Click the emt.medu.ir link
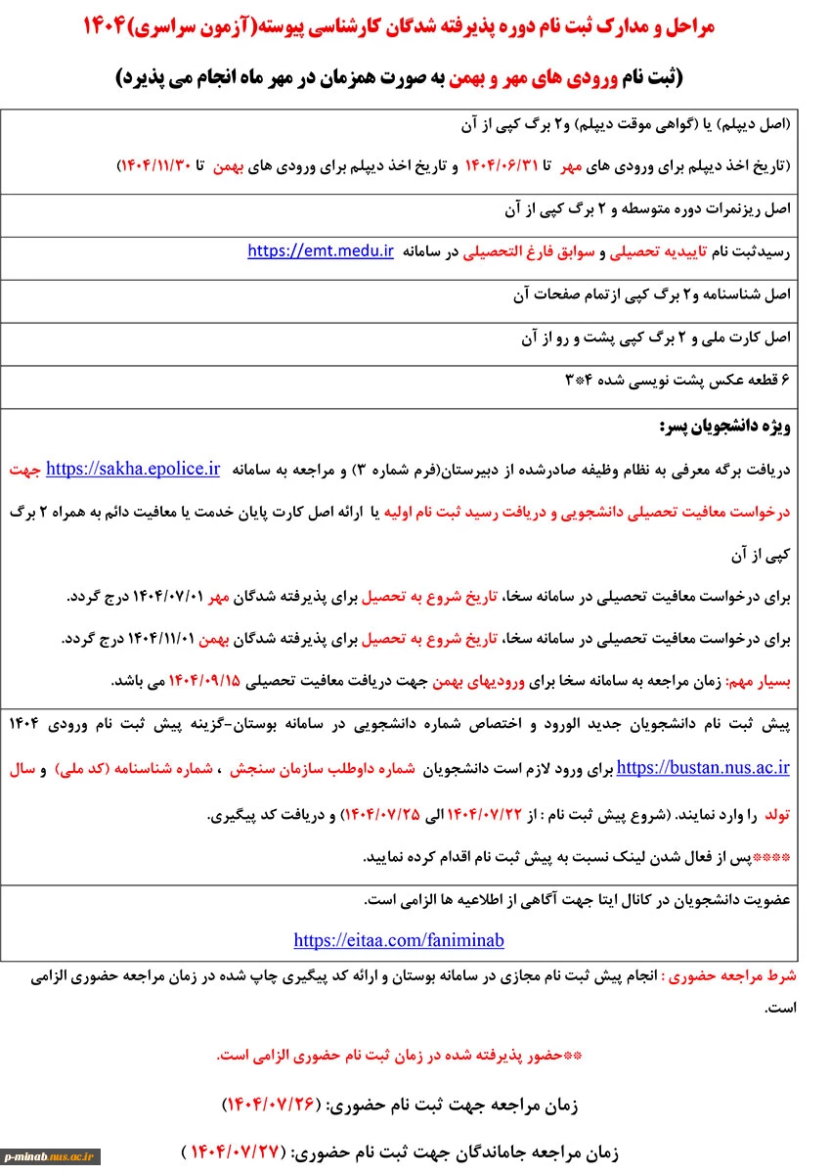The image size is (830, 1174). click(x=321, y=251)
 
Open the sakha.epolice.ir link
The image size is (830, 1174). click(x=133, y=469)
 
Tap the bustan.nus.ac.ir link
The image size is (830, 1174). click(x=703, y=768)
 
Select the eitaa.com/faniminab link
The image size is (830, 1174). click(x=399, y=940)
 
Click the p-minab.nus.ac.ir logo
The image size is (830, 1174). click(x=52, y=1156)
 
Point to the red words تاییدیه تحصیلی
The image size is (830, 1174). click(x=654, y=252)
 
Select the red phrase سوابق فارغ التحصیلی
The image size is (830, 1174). click(x=530, y=252)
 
